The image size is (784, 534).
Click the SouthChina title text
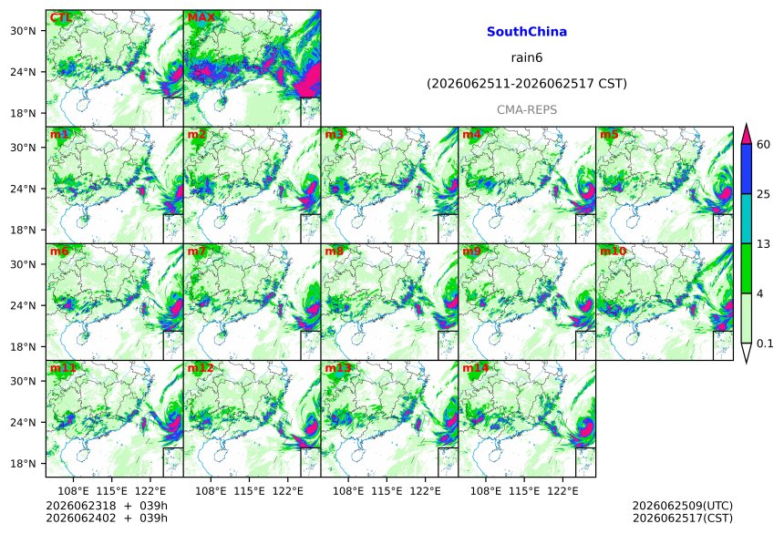(x=527, y=32)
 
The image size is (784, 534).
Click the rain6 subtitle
(x=527, y=57)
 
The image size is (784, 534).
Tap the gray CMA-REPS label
(x=527, y=110)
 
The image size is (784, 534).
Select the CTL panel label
(x=60, y=18)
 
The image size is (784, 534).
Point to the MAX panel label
(x=201, y=18)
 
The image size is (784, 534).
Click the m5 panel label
(x=609, y=135)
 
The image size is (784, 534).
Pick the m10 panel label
(x=613, y=252)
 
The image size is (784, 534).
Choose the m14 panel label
(x=475, y=368)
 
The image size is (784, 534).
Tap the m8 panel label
(x=334, y=252)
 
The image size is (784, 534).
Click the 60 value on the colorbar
(x=763, y=145)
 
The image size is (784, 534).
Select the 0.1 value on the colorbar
(x=765, y=344)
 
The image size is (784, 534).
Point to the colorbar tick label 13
(x=763, y=244)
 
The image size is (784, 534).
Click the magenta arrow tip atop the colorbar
(x=747, y=124)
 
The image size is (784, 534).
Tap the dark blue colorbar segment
(x=747, y=169)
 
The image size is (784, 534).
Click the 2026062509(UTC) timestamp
(x=683, y=506)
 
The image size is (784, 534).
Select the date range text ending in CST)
(x=527, y=84)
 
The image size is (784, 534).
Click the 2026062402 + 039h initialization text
(x=107, y=519)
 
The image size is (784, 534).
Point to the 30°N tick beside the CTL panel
(x=23, y=31)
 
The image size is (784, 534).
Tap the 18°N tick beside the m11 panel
(x=23, y=464)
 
